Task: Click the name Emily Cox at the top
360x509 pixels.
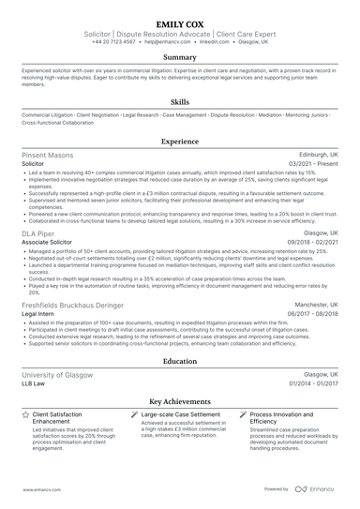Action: click(180, 18)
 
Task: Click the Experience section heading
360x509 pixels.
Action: click(180, 141)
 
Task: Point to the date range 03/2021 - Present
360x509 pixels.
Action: click(314, 163)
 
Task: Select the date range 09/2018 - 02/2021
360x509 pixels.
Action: click(313, 242)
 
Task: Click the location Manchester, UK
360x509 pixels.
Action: click(313, 305)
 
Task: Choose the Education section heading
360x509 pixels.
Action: click(180, 360)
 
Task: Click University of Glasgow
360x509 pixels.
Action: click(56, 373)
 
